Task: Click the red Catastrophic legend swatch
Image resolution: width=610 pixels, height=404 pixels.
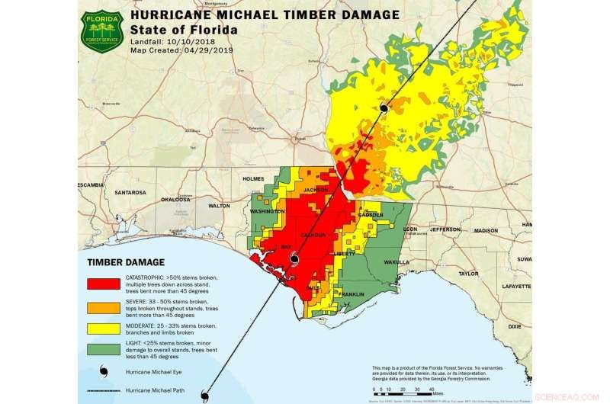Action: tap(104, 284)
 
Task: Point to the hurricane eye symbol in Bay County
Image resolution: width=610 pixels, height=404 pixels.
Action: tap(294, 260)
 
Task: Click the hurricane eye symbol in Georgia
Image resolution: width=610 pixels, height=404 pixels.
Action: tap(384, 108)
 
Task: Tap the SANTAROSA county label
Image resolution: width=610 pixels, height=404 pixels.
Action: tap(129, 193)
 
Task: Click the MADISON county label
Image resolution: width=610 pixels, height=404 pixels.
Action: tap(486, 230)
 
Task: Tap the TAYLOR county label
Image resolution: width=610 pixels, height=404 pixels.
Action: tap(468, 273)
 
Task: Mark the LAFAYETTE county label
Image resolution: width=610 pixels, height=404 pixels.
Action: tap(515, 286)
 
